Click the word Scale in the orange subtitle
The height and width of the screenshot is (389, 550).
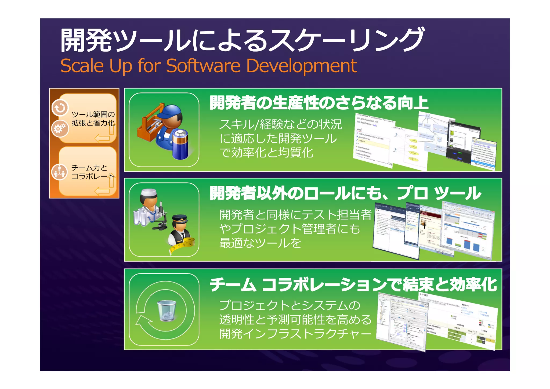pyautogui.click(x=82, y=66)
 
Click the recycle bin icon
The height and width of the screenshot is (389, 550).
pyautogui.click(x=167, y=311)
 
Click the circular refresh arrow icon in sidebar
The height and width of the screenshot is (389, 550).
pyautogui.click(x=60, y=108)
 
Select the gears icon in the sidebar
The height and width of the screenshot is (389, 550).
pyautogui.click(x=60, y=128)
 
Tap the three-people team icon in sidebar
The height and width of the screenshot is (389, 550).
pyautogui.click(x=59, y=172)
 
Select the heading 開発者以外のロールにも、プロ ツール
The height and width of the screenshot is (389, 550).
pyautogui.click(x=345, y=193)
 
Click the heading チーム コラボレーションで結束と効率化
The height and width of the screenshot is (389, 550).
pyautogui.click(x=353, y=284)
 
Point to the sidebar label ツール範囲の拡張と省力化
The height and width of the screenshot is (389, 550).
pyautogui.click(x=93, y=119)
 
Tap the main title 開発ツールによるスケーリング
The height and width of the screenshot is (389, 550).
pyautogui.click(x=242, y=40)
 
